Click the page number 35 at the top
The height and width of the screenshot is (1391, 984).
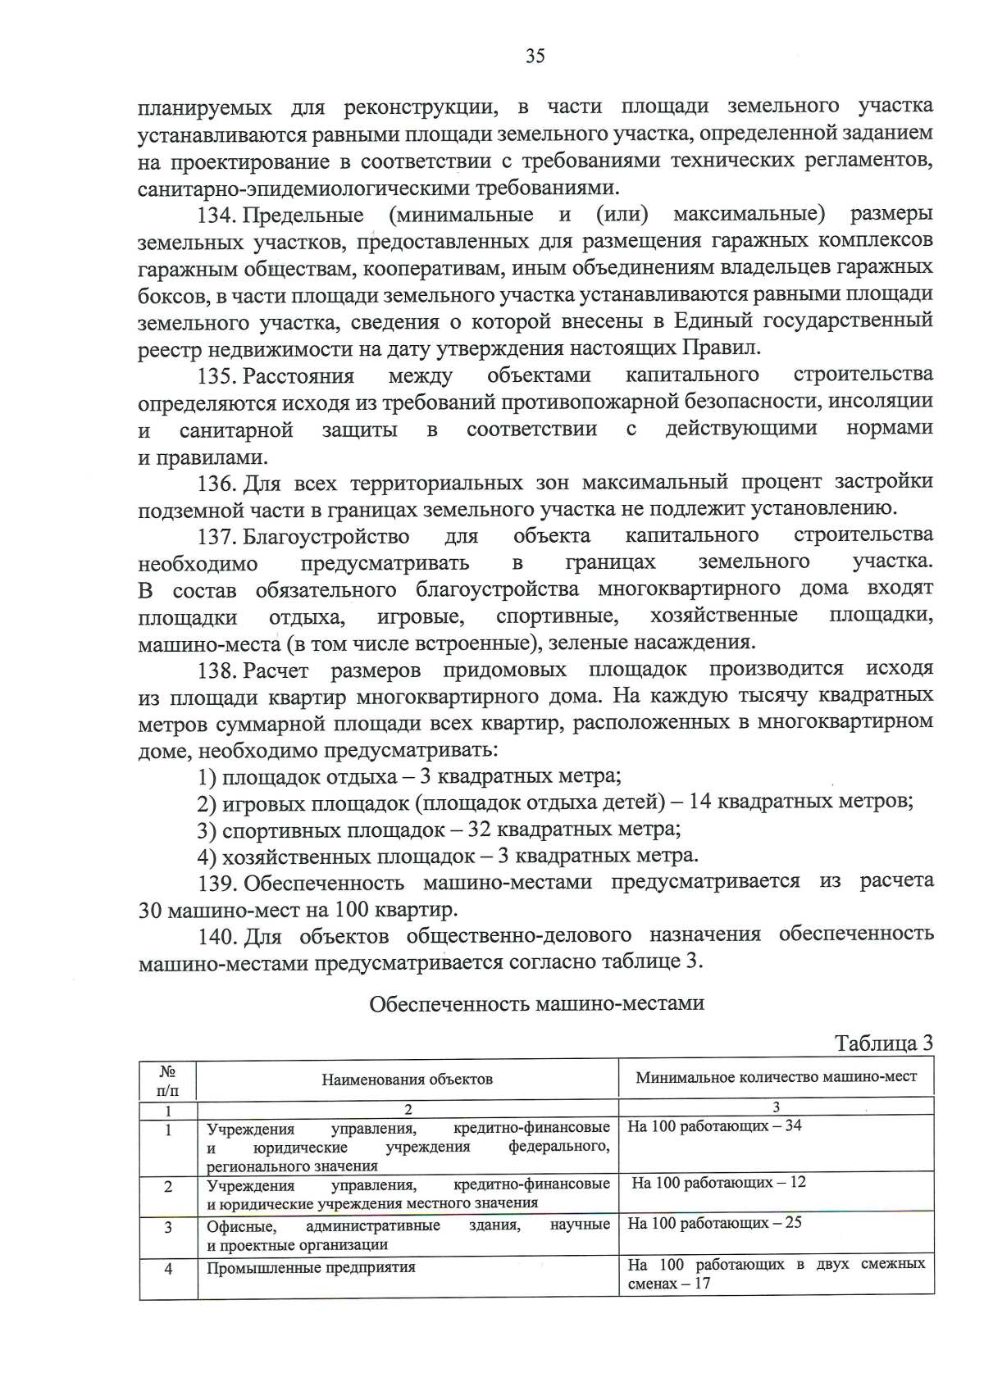point(535,56)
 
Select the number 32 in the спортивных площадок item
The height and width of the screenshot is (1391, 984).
point(478,829)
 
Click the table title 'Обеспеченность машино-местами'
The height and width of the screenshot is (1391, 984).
point(536,1003)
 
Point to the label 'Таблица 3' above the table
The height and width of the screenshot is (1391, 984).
point(883,1043)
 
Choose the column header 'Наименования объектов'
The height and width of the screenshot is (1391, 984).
point(407,1079)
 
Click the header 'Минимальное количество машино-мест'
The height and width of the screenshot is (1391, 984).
point(776,1077)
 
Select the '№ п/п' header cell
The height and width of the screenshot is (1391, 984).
point(167,1080)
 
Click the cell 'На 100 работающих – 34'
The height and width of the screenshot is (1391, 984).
point(714,1126)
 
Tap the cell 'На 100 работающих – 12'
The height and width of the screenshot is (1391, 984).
point(718,1183)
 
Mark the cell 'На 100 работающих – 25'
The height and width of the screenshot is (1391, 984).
point(714,1223)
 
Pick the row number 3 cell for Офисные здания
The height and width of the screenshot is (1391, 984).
point(168,1228)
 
